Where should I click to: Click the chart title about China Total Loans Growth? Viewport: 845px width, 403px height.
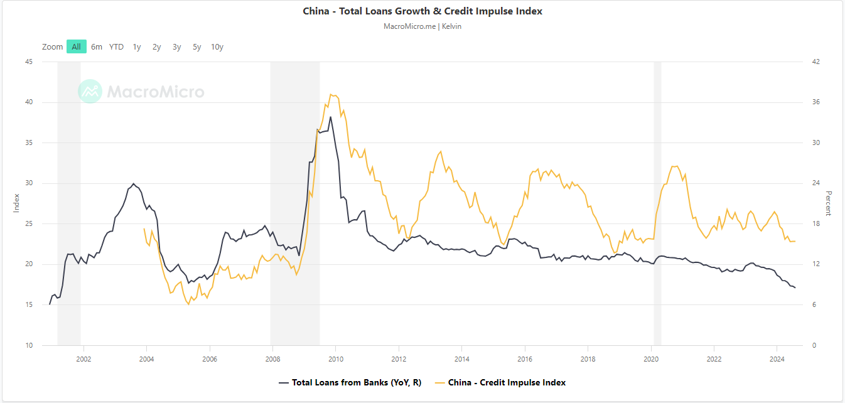[422, 11]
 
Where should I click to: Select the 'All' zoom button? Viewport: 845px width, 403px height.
[76, 46]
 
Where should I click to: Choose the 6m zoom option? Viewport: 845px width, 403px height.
[97, 46]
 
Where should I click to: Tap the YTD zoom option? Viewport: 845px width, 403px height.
[116, 46]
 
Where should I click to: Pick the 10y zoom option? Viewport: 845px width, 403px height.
[217, 46]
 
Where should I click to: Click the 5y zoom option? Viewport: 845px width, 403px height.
[197, 46]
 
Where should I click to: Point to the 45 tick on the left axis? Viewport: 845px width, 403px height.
[29, 62]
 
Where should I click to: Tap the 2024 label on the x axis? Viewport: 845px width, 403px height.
[777, 359]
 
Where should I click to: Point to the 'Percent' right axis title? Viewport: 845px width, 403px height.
[829, 203]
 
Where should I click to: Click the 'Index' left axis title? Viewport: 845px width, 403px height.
[16, 203]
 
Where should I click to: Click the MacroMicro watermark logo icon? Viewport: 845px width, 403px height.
[90, 92]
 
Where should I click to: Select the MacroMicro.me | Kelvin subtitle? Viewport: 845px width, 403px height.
[422, 26]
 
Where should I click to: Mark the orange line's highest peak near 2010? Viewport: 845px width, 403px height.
[331, 94]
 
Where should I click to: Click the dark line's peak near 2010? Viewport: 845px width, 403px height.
[330, 117]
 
